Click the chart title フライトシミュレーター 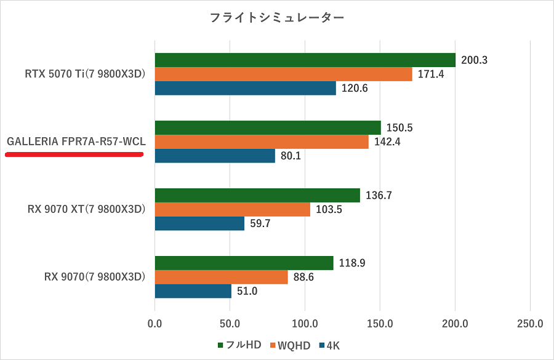(x=277, y=18)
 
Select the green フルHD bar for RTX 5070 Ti (x=305, y=60)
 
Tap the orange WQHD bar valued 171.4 (x=283, y=74)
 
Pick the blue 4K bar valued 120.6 (x=245, y=88)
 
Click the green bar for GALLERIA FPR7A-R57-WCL (x=268, y=127)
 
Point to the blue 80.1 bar (x=215, y=156)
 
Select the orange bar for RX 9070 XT (x=233, y=209)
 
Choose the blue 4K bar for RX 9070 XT (x=199, y=223)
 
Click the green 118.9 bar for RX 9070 (x=244, y=263)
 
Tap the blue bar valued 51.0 (x=193, y=291)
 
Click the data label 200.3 (x=474, y=60)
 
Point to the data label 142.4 (x=387, y=142)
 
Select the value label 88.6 (x=303, y=278)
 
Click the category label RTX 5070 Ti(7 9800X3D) (x=85, y=74)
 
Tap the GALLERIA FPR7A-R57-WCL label (x=76, y=142)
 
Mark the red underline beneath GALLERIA (x=74, y=155)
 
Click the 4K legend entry (x=329, y=345)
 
